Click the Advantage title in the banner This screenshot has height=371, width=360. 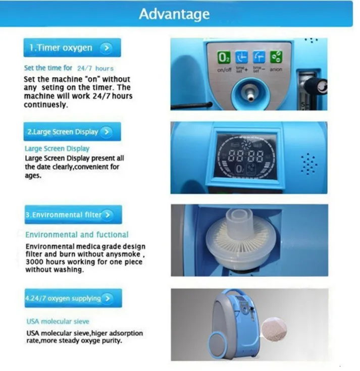tap(174, 14)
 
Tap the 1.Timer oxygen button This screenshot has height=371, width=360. tap(72, 48)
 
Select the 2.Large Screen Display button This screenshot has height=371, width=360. tap(72, 132)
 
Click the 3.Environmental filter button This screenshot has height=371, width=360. tap(72, 215)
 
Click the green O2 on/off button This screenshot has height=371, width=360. tap(224, 57)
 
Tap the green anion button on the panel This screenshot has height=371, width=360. tap(276, 57)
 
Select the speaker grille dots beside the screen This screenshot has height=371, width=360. tap(308, 163)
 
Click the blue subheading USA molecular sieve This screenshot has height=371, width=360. tap(58, 322)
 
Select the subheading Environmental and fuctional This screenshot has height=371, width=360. tap(77, 235)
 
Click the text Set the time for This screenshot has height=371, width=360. tap(48, 68)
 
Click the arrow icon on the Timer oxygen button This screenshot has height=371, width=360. tap(106, 48)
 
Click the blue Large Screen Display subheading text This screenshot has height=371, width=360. tap(57, 148)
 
